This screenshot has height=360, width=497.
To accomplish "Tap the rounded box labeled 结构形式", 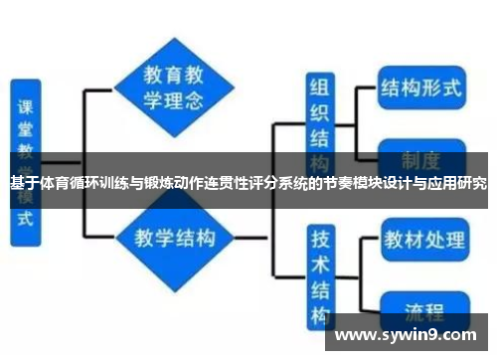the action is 421,87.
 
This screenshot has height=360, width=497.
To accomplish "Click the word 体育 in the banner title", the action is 54,183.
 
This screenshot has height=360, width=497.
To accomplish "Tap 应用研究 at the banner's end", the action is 457,183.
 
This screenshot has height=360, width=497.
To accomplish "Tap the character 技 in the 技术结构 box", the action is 319,241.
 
